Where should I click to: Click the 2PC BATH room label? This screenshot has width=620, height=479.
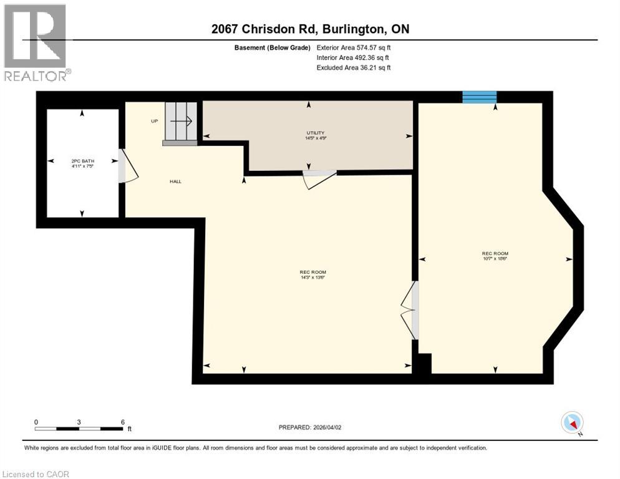point(82,163)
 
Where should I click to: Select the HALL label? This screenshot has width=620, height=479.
point(175,181)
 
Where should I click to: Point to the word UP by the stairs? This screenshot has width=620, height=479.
point(154,121)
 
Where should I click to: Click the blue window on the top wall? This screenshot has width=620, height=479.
point(479,97)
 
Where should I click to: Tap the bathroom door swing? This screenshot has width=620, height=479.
point(128,167)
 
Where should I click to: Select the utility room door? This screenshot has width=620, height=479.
point(317,178)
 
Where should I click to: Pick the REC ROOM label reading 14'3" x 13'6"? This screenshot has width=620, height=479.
point(312,274)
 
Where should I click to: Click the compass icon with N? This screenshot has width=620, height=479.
point(572,423)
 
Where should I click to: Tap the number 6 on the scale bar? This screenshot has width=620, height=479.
point(123,422)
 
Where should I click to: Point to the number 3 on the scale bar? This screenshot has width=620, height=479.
point(79,422)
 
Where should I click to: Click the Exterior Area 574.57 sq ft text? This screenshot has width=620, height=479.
point(354,47)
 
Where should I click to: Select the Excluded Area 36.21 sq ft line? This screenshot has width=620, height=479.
point(354,67)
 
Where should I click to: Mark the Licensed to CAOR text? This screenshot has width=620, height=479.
point(36,474)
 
